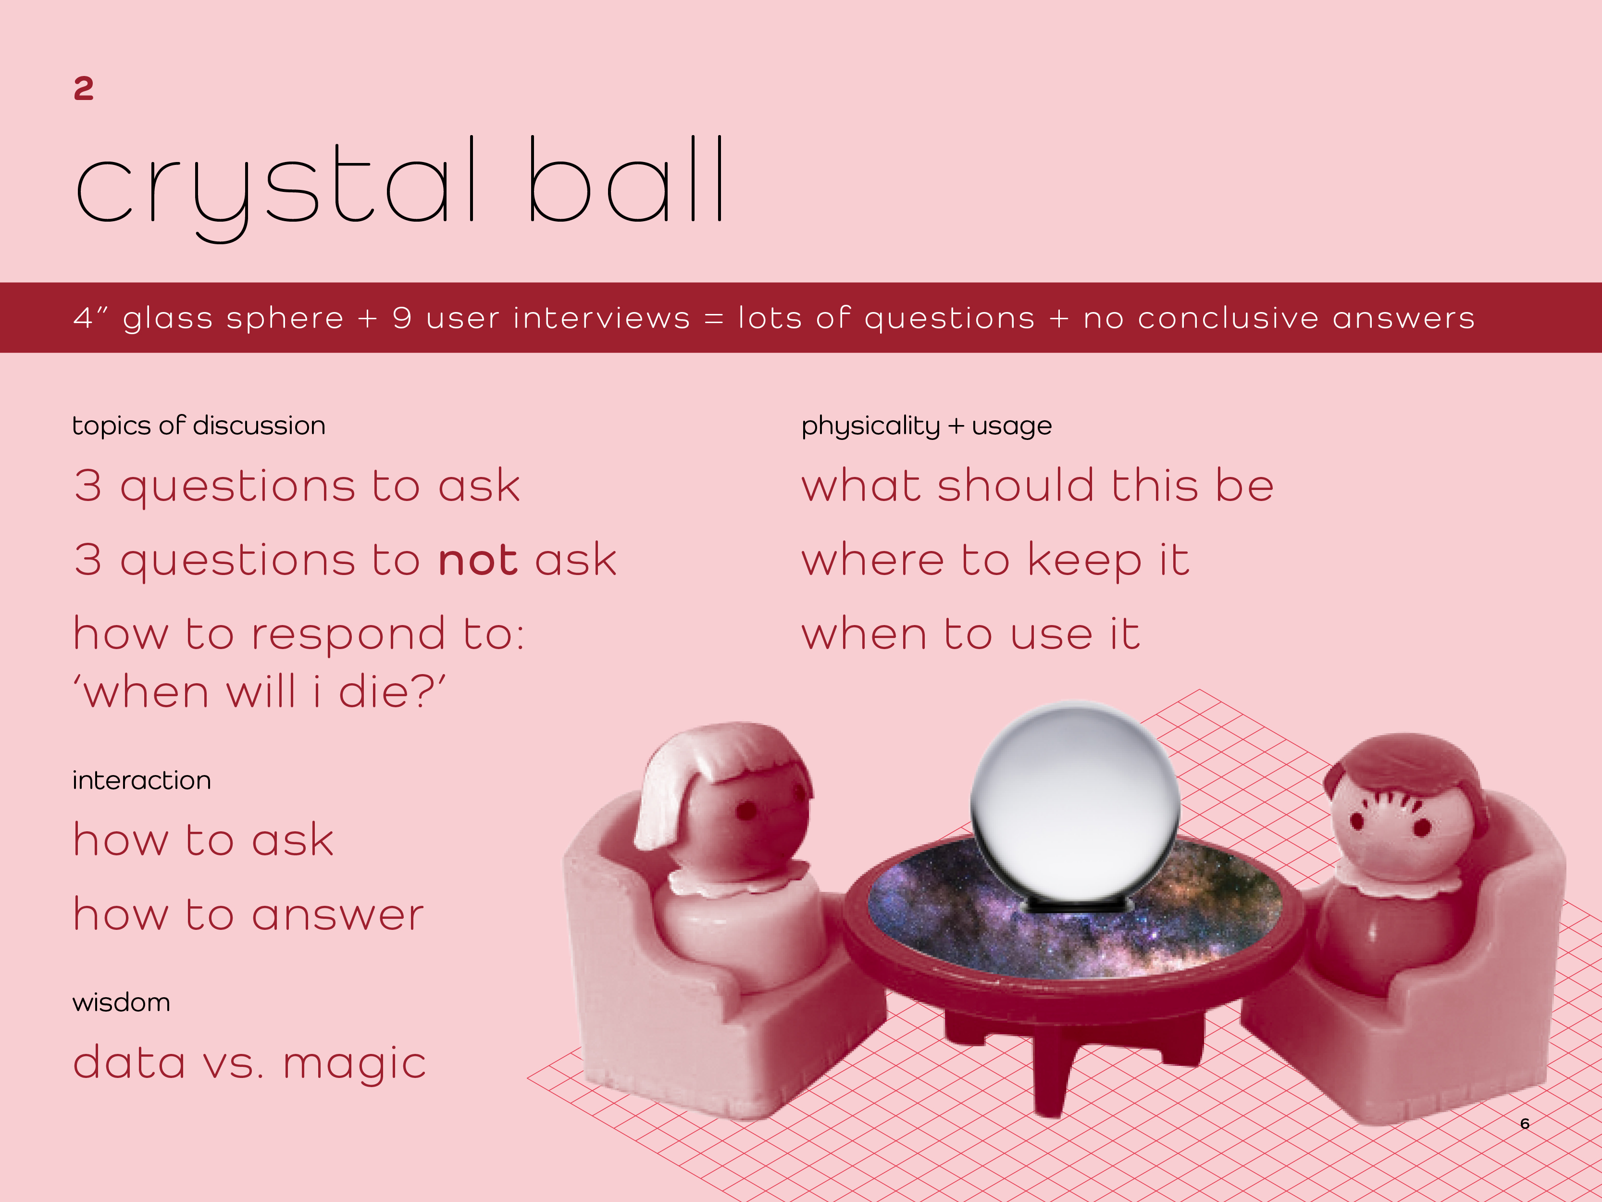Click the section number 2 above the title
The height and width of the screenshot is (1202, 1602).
[83, 88]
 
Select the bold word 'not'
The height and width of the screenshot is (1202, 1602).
[478, 560]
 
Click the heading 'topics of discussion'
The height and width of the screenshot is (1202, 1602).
[199, 426]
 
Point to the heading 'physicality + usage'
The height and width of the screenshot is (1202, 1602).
[926, 426]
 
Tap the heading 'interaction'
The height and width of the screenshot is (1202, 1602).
[142, 780]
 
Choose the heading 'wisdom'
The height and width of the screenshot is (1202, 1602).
[122, 1003]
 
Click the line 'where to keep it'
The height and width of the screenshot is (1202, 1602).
[995, 561]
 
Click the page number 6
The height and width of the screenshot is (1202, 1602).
[1525, 1124]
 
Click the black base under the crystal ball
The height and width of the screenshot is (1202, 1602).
[1075, 906]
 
